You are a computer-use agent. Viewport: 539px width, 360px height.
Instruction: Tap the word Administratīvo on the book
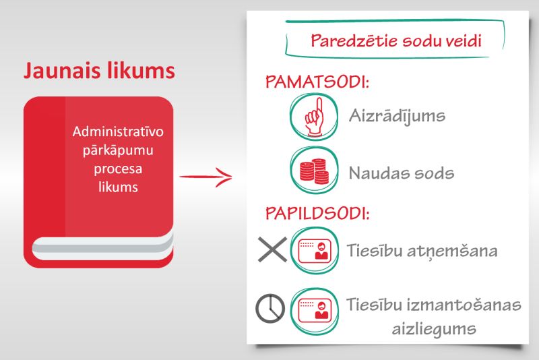tap(113, 131)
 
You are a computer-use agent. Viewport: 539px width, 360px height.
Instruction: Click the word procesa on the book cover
tap(114, 169)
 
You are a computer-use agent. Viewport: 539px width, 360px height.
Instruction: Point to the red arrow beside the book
tap(205, 178)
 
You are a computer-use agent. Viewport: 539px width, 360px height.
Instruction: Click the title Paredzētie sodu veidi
tap(395, 40)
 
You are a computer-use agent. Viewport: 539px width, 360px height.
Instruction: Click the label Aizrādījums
tap(397, 115)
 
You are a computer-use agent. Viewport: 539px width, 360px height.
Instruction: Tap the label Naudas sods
tap(401, 173)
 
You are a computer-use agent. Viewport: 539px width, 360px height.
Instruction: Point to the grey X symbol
tap(272, 250)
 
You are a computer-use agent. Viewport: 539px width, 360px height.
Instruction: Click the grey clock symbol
tap(270, 309)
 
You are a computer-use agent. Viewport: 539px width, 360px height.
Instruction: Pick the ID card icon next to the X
tap(313, 251)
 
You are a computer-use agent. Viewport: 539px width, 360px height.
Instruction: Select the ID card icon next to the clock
tap(313, 309)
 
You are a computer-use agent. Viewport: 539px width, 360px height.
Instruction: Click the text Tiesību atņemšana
tap(422, 251)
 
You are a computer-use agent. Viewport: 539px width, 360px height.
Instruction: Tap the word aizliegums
tap(435, 330)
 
